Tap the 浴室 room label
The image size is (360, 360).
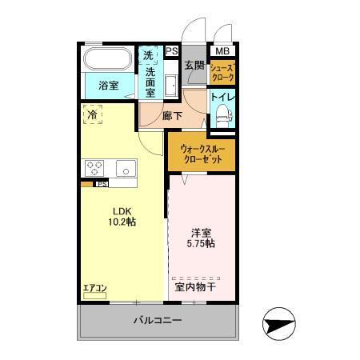pos(109,86)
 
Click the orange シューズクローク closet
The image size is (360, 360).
pos(222,73)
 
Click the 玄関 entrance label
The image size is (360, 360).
pos(194,66)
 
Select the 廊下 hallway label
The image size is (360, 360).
pos(172,115)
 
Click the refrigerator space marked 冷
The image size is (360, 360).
pos(93,114)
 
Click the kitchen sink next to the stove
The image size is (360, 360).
pos(126,168)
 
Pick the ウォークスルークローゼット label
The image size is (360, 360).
pos(202,154)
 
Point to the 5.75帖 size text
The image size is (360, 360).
pos(201,242)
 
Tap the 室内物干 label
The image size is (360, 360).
pos(195,286)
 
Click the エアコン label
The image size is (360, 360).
pos(95,288)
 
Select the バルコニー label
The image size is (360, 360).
pos(157,321)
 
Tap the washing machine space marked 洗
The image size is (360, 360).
pos(149,56)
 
